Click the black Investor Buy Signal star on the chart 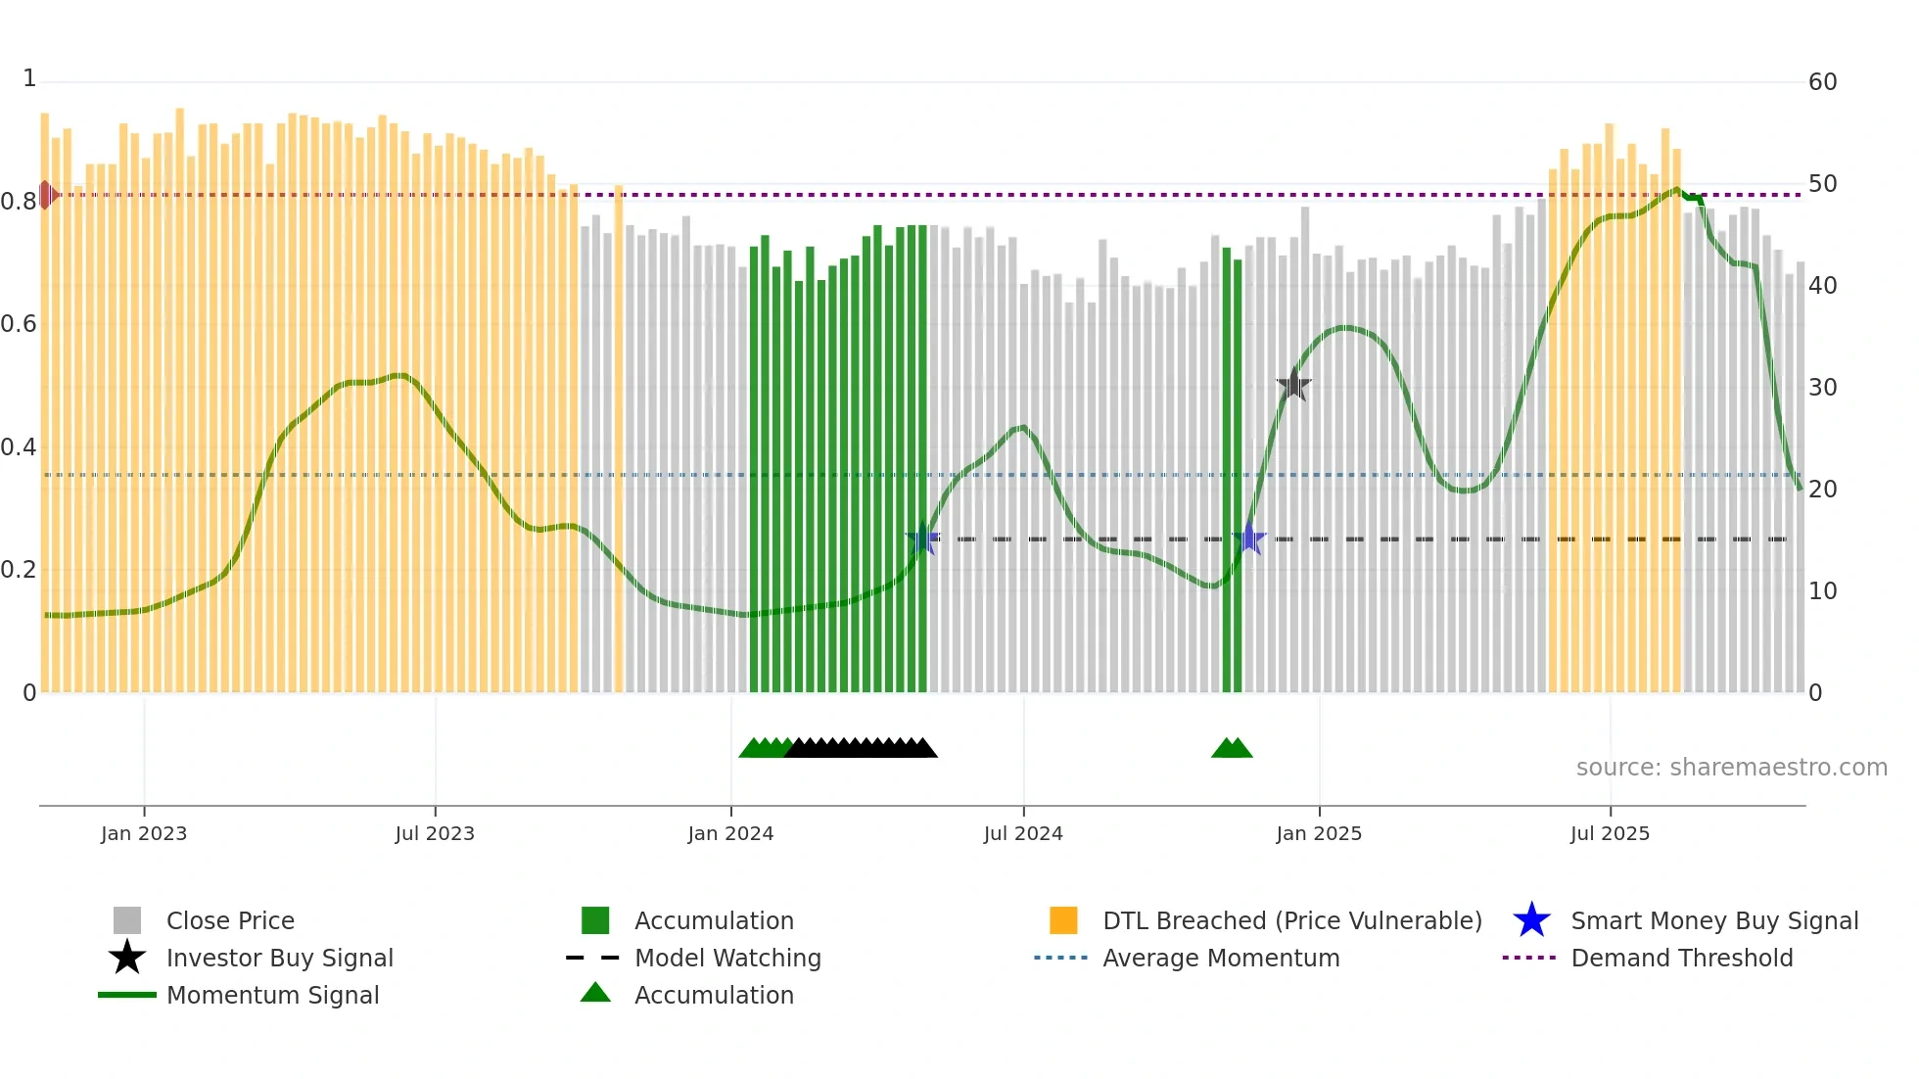pos(1293,385)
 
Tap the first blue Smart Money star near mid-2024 pos(923,539)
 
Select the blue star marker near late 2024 pos(1248,539)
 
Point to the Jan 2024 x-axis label pos(730,833)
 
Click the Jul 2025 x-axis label pos(1610,833)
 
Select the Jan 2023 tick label pos(144,833)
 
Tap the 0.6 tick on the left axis pos(19,324)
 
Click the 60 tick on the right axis pos(1822,82)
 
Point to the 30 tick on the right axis pos(1822,388)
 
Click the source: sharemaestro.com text pos(1731,768)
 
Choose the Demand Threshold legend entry pos(1681,958)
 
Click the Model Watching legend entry pos(727,958)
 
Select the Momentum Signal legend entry pos(272,995)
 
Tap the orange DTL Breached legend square pos(1063,920)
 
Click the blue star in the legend pos(1531,920)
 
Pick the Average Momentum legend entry pos(1220,958)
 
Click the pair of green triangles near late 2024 pos(1232,748)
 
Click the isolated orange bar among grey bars pos(619,441)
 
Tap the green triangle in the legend pos(595,993)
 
